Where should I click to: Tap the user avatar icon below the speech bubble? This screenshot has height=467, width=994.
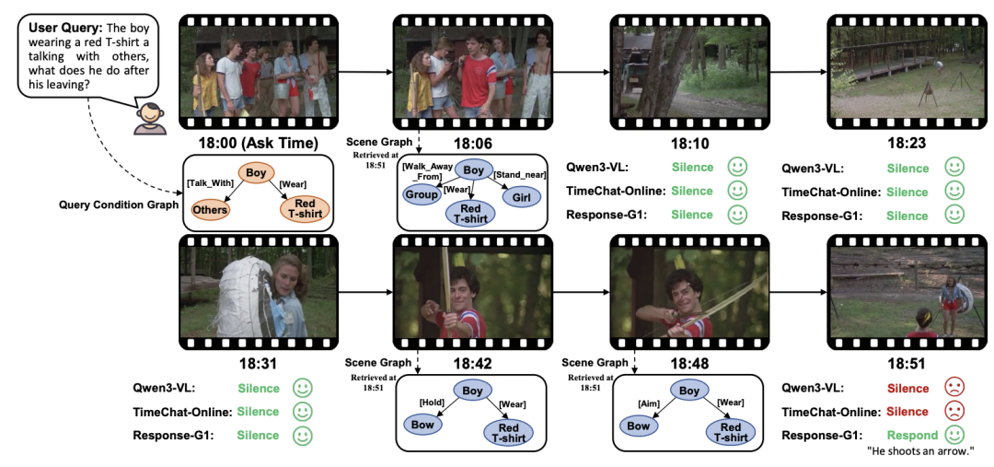[x=151, y=120]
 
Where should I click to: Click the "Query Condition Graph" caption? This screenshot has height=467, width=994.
[x=118, y=204]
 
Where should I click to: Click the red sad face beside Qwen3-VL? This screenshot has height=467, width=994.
[x=954, y=389]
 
